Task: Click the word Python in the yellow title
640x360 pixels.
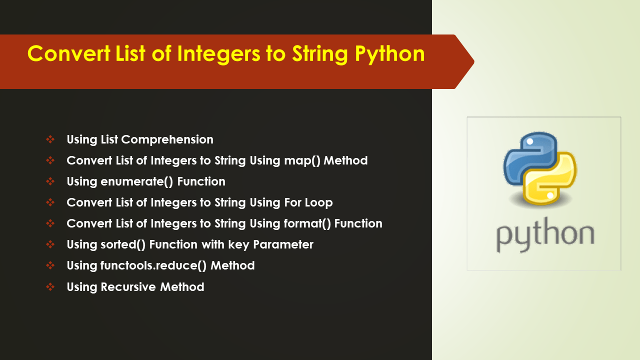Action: pyautogui.click(x=389, y=54)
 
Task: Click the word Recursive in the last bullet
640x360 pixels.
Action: pyautogui.click(x=128, y=287)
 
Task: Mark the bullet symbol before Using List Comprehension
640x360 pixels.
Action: pyautogui.click(x=50, y=139)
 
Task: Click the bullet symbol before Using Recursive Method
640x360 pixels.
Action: pyautogui.click(x=50, y=287)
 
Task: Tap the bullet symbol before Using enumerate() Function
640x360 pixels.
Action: pyautogui.click(x=50, y=181)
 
